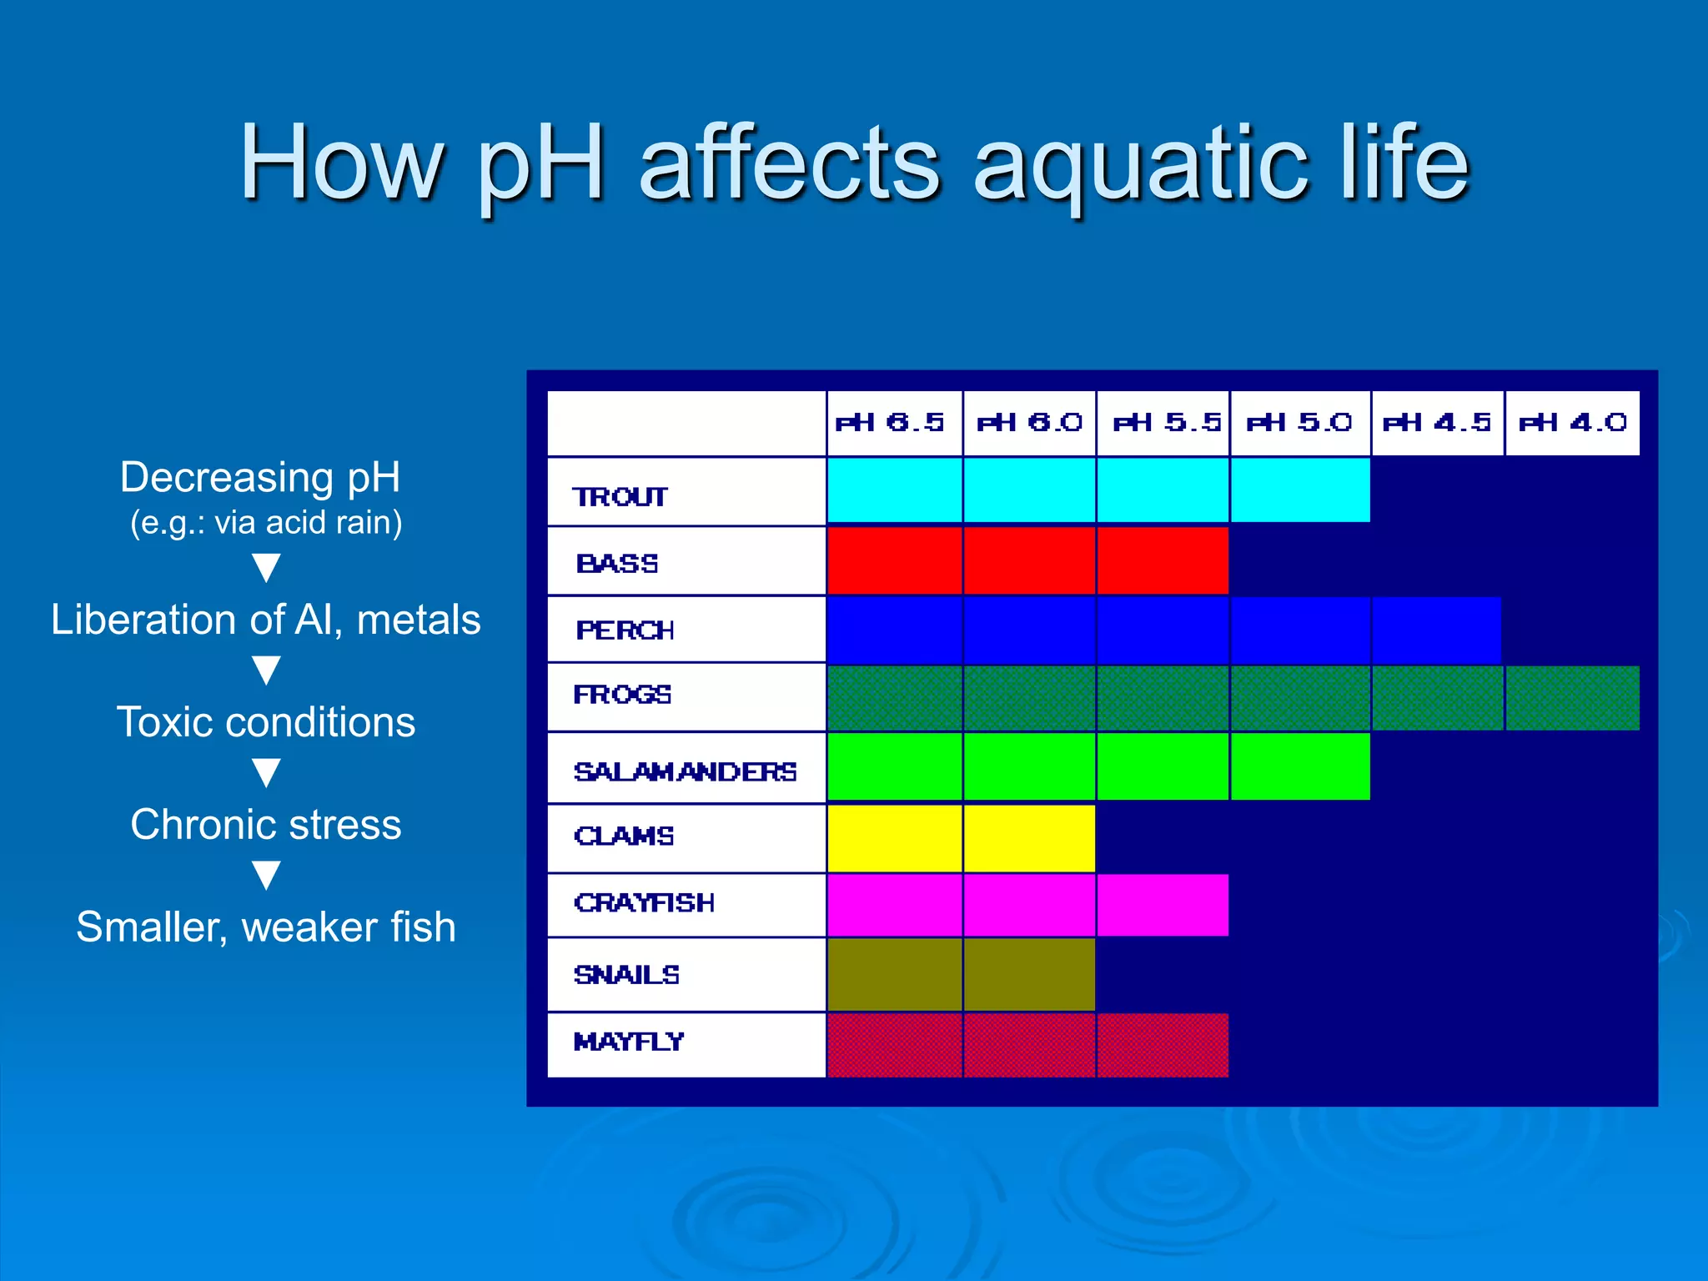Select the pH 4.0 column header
coord(1573,423)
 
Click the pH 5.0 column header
coord(1299,423)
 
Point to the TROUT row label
coord(620,497)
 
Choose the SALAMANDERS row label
coord(685,772)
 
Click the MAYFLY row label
coord(629,1042)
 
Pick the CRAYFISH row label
coord(644,903)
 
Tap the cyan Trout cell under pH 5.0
coord(1299,490)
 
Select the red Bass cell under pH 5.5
coord(1163,560)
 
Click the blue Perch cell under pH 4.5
coord(1436,630)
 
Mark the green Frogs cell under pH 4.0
coord(1573,698)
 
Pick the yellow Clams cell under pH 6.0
coord(1029,838)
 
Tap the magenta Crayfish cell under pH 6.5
coord(893,905)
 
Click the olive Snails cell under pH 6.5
coord(893,974)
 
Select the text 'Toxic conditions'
coord(266,722)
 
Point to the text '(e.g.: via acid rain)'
coord(266,523)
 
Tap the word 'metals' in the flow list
coord(419,620)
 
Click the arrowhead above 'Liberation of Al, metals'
coord(266,568)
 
